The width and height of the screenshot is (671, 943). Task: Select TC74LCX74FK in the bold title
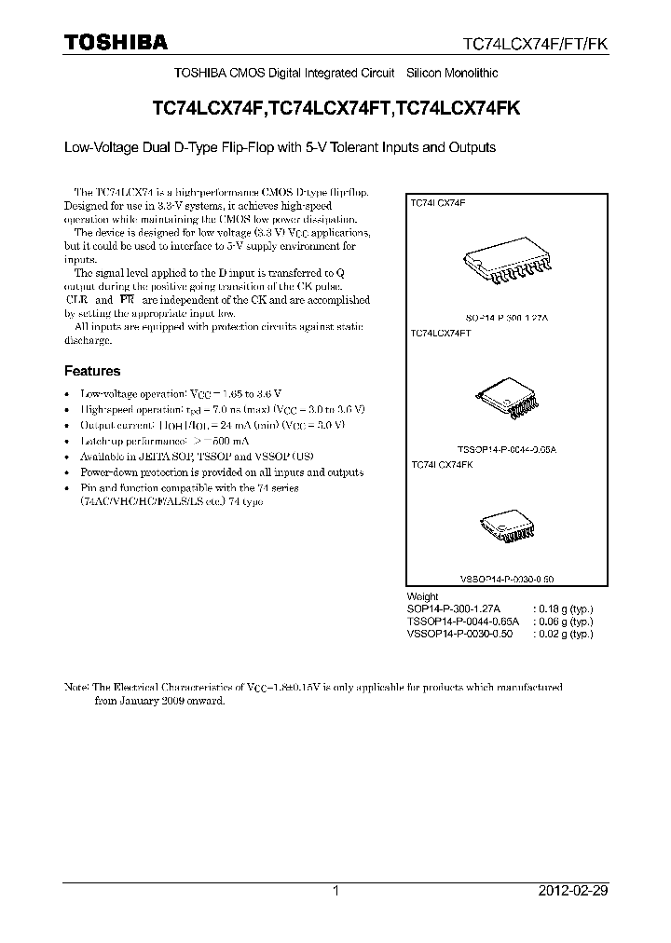pyautogui.click(x=458, y=108)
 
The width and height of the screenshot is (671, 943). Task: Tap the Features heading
pyautogui.click(x=92, y=371)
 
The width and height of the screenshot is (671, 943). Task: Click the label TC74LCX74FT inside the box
pyautogui.click(x=440, y=332)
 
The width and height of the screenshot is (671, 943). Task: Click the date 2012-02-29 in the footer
pyautogui.click(x=572, y=891)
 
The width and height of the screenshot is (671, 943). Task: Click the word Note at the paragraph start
pyautogui.click(x=75, y=687)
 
